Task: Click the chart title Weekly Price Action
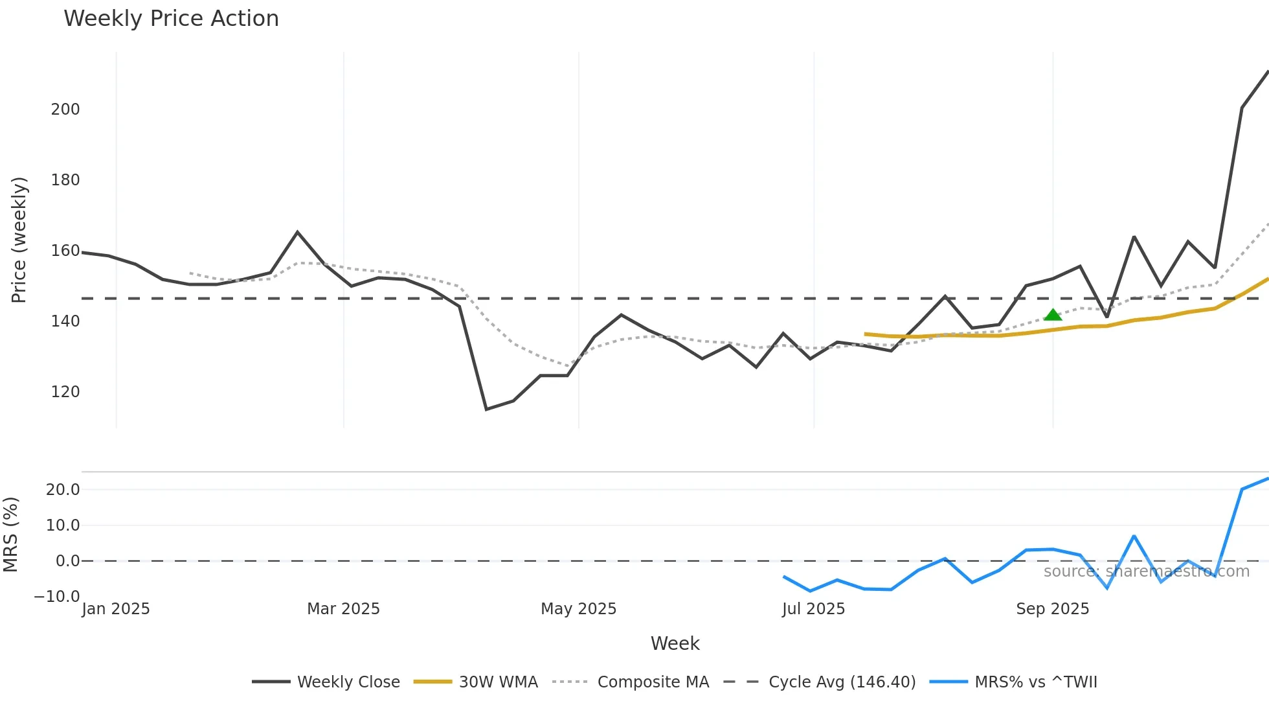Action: (171, 19)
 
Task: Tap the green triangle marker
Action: (1053, 316)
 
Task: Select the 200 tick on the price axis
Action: (65, 109)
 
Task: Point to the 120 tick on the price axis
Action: (65, 392)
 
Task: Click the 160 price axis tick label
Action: (65, 251)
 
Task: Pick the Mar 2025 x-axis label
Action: (343, 609)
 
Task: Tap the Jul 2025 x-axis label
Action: (813, 609)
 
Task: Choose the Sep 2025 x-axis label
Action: (1052, 609)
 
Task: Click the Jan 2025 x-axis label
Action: (116, 609)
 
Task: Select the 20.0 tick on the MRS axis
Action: (63, 490)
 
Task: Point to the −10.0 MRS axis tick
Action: (57, 597)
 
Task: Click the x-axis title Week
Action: (675, 643)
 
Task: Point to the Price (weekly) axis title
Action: (19, 240)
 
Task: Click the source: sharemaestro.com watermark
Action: (1146, 571)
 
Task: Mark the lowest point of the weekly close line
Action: (486, 409)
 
